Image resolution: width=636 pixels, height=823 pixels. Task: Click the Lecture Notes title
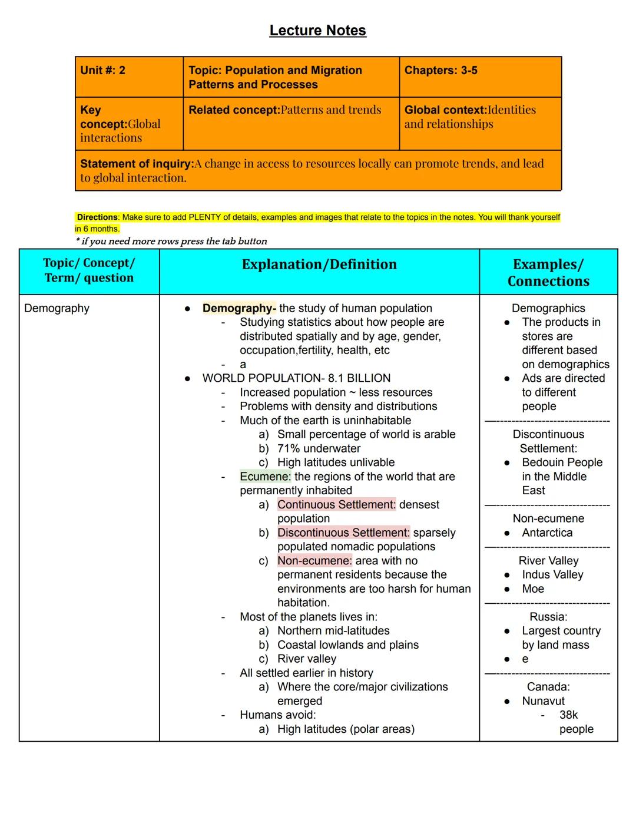pos(317,31)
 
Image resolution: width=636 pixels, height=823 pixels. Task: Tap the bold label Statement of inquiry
pos(137,164)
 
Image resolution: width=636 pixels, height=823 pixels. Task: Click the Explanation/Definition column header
pos(319,265)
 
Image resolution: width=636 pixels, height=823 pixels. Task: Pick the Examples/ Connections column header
pos(548,273)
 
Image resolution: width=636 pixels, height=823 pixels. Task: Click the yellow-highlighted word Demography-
pos(238,308)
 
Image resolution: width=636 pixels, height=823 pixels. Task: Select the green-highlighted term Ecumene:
pos(265,477)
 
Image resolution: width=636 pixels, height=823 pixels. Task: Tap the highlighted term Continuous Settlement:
pos(336,505)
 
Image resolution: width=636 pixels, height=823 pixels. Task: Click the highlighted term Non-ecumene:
pos(314,561)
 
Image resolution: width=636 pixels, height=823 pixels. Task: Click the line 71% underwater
pos(319,448)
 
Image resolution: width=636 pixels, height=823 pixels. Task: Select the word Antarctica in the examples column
pos(547,533)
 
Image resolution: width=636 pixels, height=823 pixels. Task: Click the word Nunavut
pos(543,701)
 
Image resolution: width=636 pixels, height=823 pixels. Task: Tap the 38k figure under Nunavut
pos(568,715)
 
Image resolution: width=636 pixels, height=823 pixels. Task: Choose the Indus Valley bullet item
pos(552,575)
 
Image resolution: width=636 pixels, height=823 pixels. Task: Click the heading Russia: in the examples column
pos(548,617)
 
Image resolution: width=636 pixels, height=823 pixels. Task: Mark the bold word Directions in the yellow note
pos(98,217)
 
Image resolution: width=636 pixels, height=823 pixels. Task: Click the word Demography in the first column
pos(57,308)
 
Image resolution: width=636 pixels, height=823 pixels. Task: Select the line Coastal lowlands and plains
pos(347,645)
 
